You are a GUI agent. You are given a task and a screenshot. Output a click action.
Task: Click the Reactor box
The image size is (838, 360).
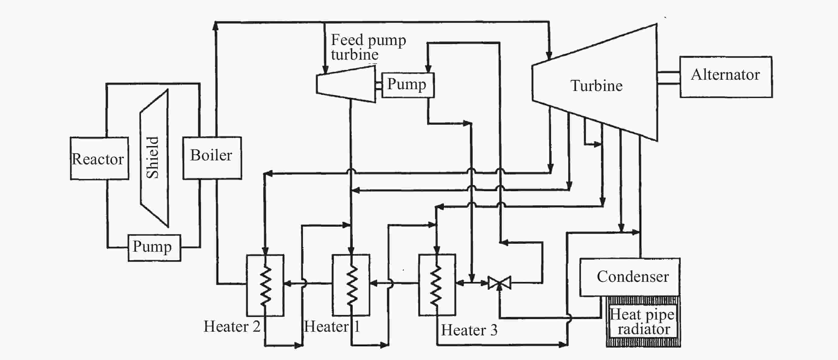[99, 158]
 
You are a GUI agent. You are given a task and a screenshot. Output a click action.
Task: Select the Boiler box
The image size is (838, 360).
[212, 158]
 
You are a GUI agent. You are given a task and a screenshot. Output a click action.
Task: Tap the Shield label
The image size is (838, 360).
[152, 158]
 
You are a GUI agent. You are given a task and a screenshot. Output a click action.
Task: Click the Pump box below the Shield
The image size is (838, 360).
[154, 248]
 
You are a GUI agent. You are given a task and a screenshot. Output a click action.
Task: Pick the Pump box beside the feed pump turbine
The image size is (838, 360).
[408, 85]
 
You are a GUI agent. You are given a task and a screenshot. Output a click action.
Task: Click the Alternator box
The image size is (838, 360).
[726, 77]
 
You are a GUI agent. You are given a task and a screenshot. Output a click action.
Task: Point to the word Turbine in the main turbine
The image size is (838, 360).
[596, 86]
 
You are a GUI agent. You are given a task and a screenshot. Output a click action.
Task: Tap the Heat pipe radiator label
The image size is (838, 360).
[642, 321]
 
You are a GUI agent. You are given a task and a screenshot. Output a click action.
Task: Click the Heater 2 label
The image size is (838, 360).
[232, 326]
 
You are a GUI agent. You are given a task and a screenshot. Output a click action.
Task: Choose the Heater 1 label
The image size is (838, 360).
[332, 326]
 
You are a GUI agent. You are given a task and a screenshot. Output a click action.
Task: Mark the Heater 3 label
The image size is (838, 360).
[469, 330]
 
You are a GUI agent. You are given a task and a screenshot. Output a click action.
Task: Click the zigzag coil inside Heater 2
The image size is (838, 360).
[265, 286]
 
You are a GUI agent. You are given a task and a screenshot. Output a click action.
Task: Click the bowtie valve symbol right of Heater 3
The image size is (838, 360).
[499, 283]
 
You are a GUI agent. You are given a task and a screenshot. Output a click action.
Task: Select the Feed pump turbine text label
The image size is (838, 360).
[368, 47]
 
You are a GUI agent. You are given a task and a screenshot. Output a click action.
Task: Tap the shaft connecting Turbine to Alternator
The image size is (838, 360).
[669, 78]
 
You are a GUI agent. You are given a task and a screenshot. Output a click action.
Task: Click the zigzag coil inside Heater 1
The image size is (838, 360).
[351, 285]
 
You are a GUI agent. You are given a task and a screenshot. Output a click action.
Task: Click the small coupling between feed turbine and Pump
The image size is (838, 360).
[379, 86]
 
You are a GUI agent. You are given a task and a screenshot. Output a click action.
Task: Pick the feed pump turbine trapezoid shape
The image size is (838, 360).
[346, 84]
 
